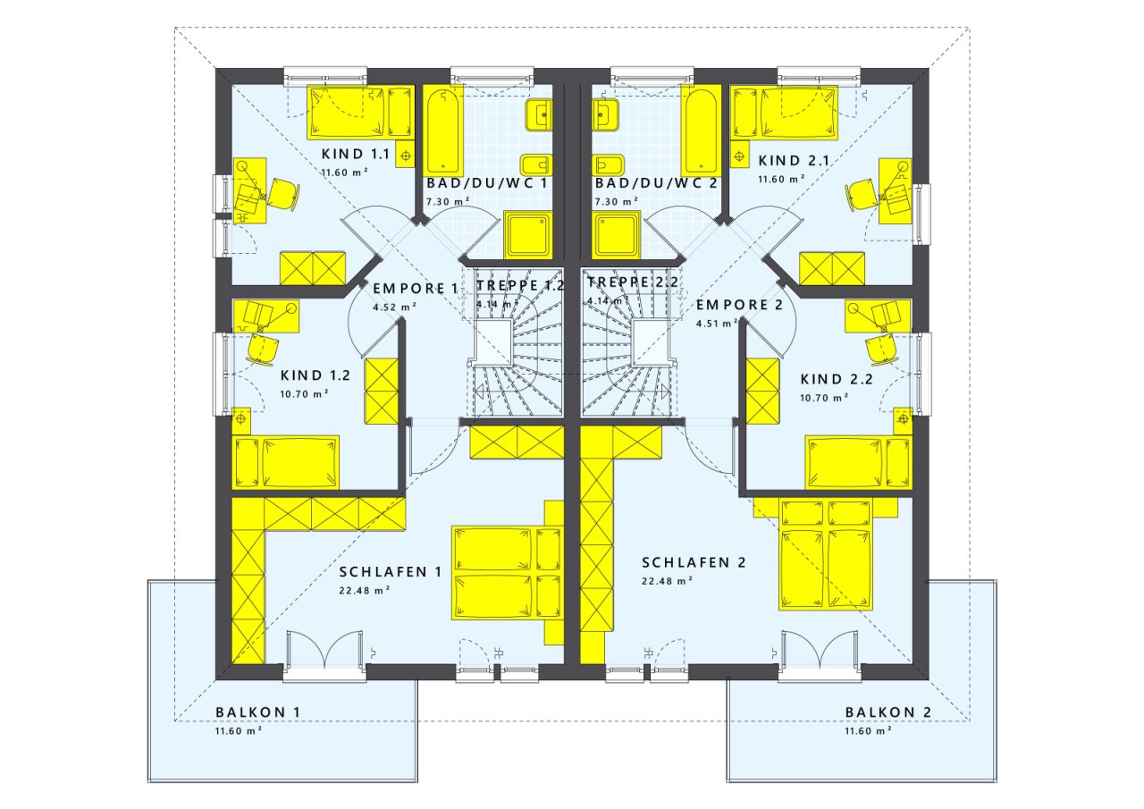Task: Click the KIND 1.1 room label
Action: pos(356,154)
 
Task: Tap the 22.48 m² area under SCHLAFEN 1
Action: pos(365,590)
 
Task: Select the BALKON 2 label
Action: pos(888,712)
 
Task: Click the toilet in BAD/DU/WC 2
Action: pos(609,165)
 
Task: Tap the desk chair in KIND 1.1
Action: pos(283,194)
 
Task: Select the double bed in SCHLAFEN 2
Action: pos(824,554)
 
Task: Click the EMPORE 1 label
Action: pos(416,289)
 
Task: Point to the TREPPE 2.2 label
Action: pos(632,282)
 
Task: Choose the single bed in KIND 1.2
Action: pos(285,462)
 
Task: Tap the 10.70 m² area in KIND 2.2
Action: pos(824,398)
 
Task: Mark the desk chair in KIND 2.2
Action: pos(882,350)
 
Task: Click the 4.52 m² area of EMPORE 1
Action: pos(394,307)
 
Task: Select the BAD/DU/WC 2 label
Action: pos(656,183)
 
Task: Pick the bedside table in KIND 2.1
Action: pos(739,156)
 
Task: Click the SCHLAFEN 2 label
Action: pos(694,562)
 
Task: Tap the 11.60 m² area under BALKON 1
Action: pos(239,731)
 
